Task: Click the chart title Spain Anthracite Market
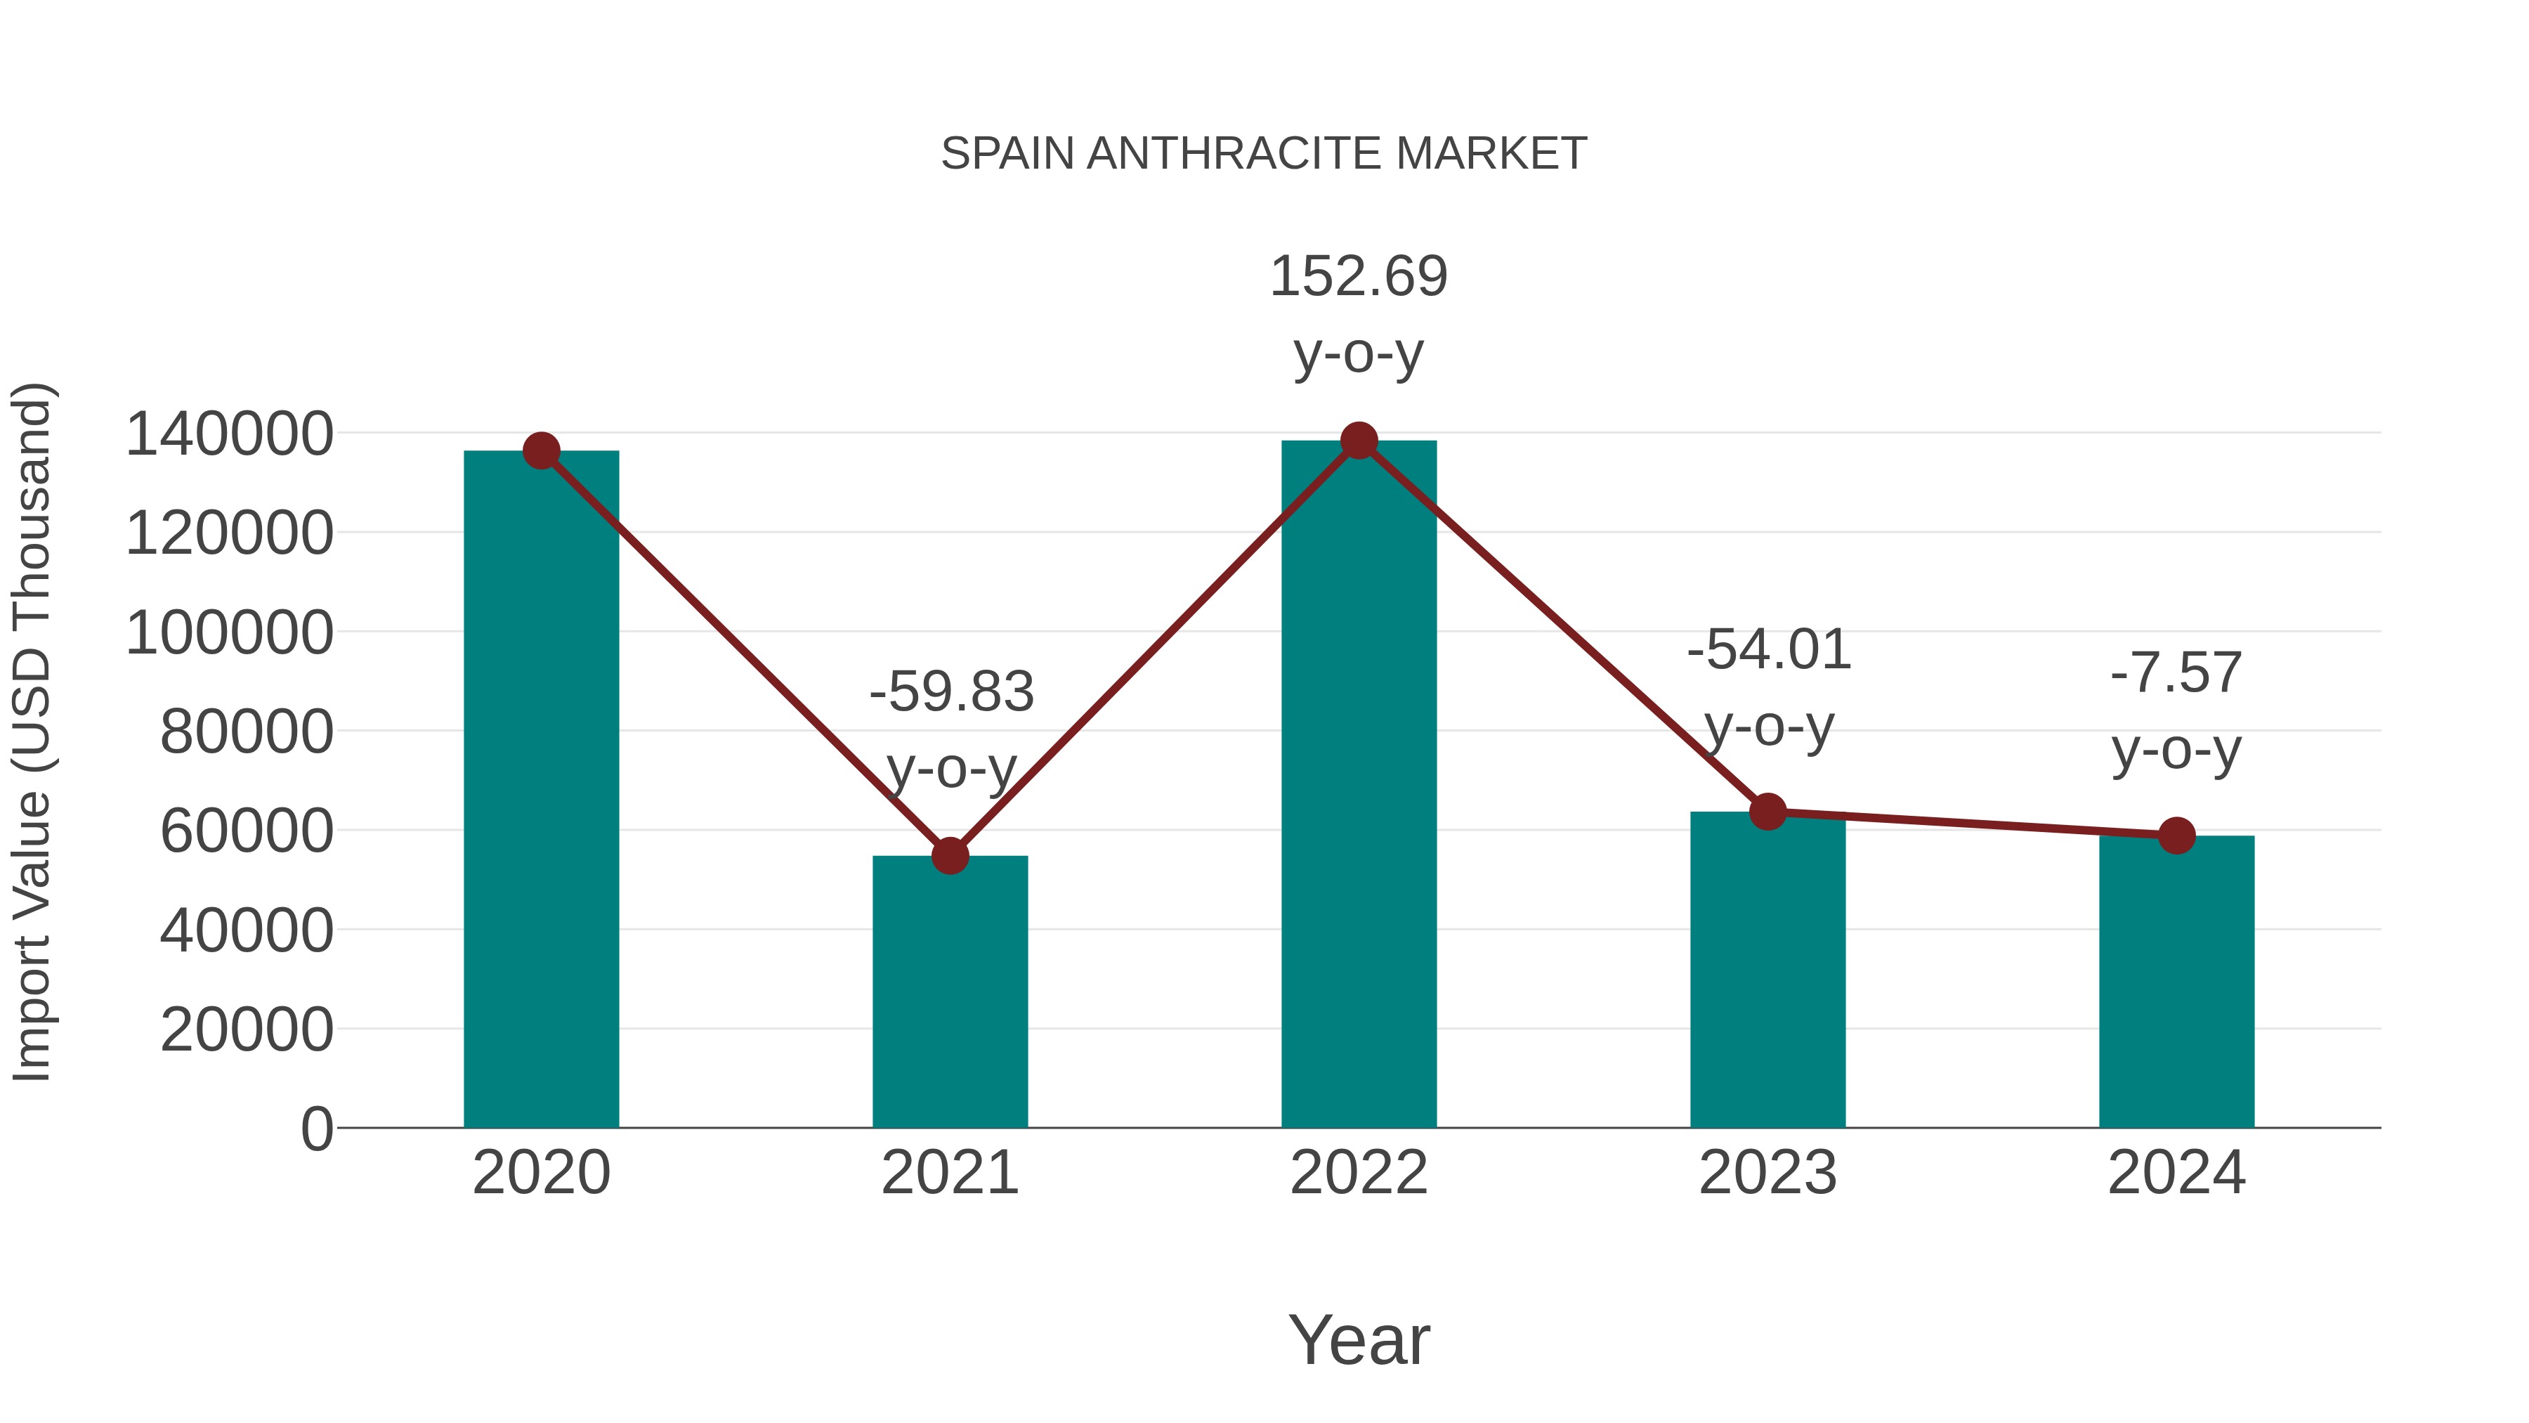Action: pyautogui.click(x=1264, y=154)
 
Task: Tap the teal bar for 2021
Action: pyautogui.click(x=949, y=992)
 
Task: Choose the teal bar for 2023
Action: pyautogui.click(x=1767, y=973)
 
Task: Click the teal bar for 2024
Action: pyautogui.click(x=2176, y=982)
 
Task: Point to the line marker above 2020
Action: pyautogui.click(x=541, y=450)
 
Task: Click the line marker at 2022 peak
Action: pyautogui.click(x=1359, y=441)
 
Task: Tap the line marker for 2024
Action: pyautogui.click(x=2176, y=836)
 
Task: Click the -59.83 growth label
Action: pyautogui.click(x=951, y=692)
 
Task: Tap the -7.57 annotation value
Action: pyautogui.click(x=2176, y=675)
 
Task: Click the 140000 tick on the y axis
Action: pyautogui.click(x=229, y=434)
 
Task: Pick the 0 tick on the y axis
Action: pyautogui.click(x=316, y=1129)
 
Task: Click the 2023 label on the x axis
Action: pyautogui.click(x=1767, y=1173)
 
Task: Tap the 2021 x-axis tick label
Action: pyautogui.click(x=949, y=1173)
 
